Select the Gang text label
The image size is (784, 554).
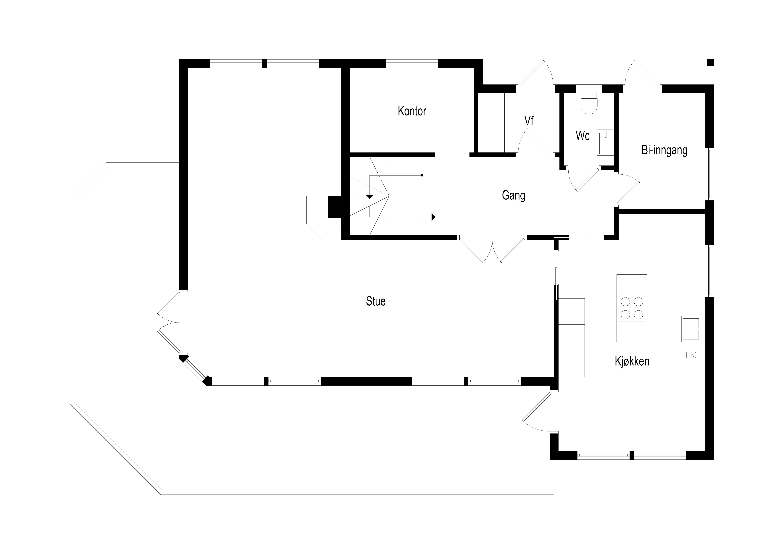click(513, 196)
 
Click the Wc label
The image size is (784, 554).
click(583, 136)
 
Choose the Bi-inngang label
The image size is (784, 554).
click(665, 150)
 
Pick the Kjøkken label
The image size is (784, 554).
click(632, 361)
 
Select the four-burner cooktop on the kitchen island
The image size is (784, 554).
click(632, 308)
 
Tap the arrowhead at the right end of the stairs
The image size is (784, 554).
click(433, 217)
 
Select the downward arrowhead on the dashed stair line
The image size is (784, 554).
click(369, 196)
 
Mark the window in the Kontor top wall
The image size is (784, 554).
click(412, 63)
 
